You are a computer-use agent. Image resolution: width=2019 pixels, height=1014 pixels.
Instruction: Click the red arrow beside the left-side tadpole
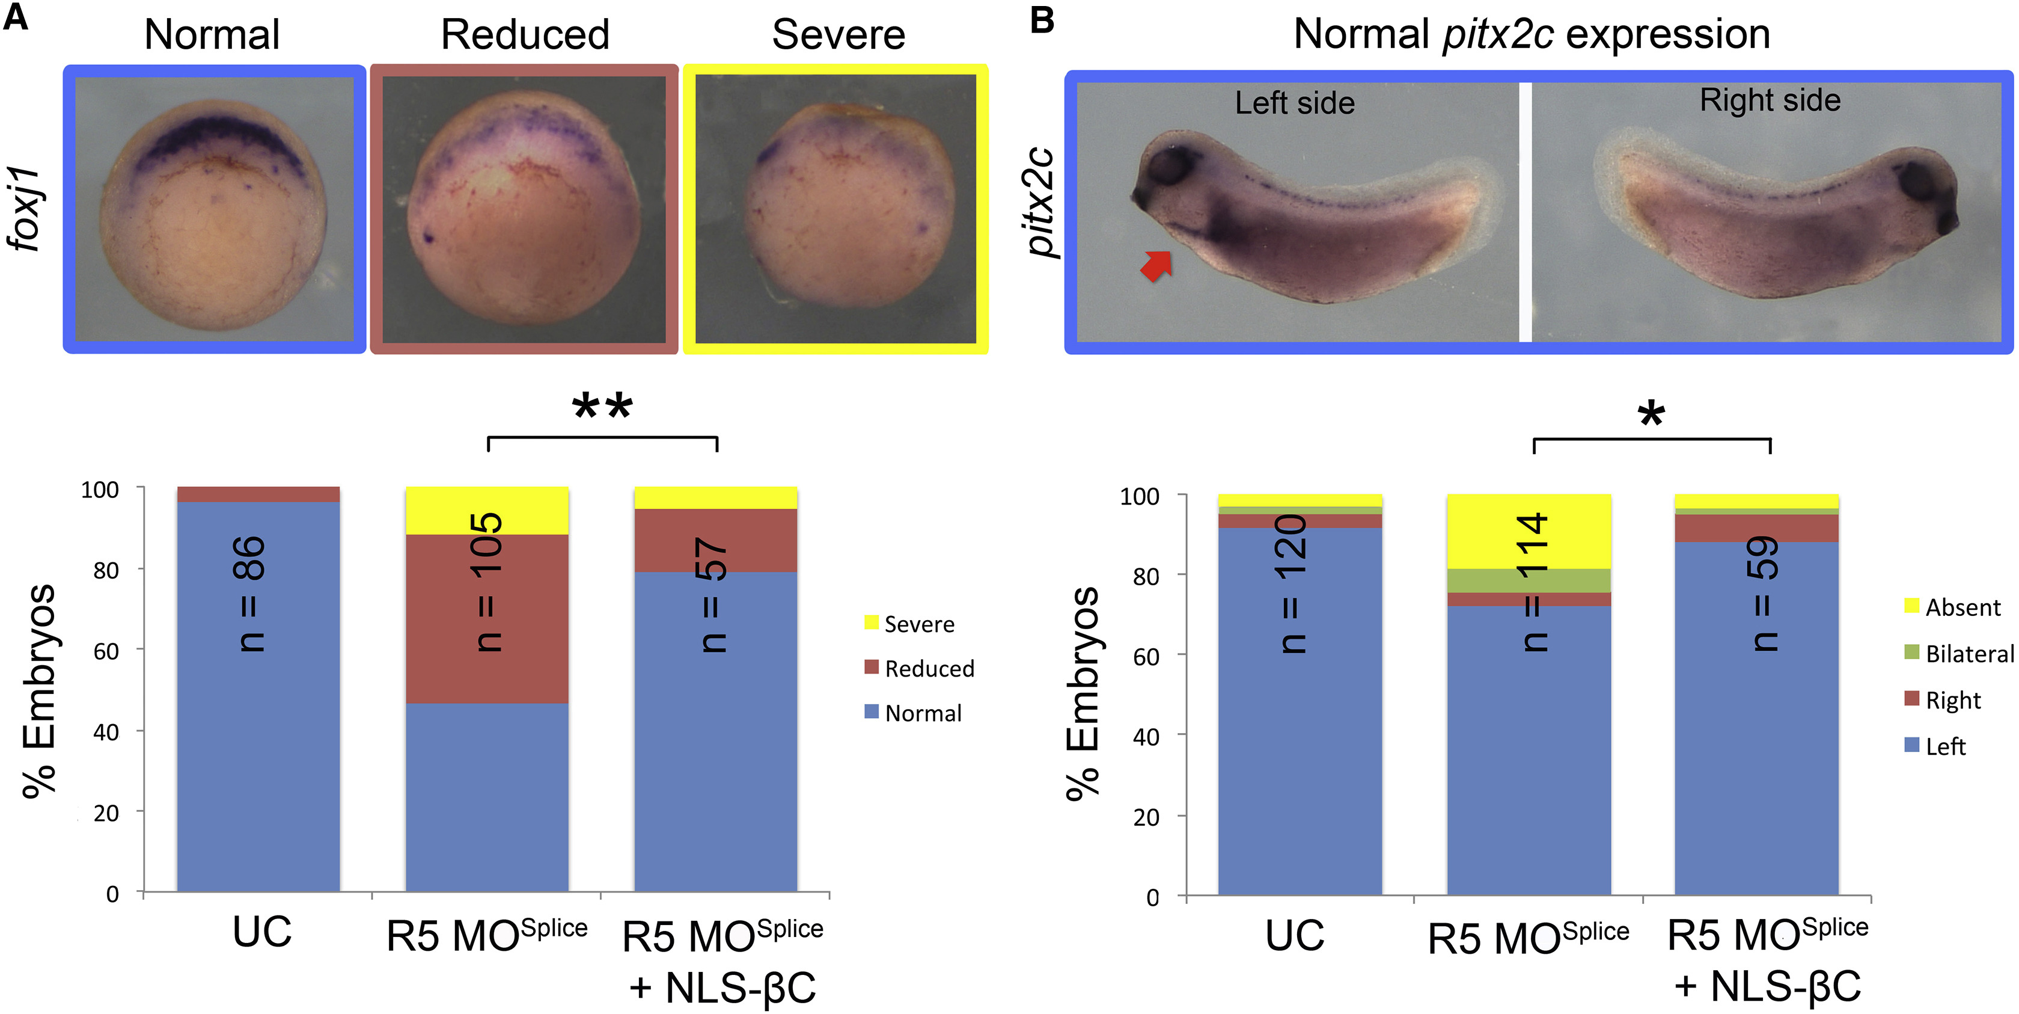coord(1156,265)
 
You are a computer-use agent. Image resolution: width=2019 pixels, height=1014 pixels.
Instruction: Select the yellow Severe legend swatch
coord(871,622)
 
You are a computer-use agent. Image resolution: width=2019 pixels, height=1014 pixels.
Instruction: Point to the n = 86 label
coord(251,594)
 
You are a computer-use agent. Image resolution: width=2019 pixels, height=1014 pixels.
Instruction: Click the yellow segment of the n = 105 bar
coord(487,510)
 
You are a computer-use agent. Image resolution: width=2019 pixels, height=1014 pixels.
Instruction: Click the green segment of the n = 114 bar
coord(1529,580)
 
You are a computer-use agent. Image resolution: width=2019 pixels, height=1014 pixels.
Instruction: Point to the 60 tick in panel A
coord(106,651)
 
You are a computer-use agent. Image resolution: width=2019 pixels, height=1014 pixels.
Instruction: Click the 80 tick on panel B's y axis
coord(1145,576)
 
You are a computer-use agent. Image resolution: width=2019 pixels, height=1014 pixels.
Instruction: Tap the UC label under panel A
coord(262,932)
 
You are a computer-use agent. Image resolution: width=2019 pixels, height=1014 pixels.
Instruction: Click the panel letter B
coord(1042,20)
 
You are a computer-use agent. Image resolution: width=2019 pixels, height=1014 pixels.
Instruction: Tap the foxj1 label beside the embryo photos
coord(25,209)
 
